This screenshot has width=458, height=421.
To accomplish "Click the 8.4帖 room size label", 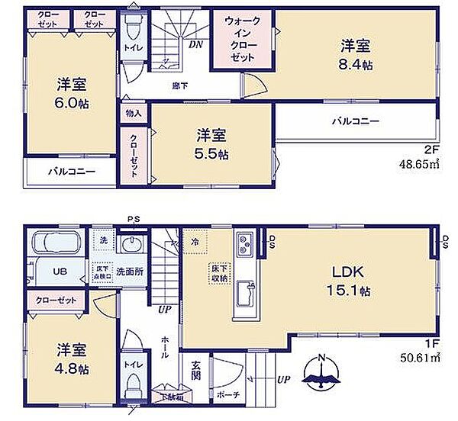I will (x=356, y=66).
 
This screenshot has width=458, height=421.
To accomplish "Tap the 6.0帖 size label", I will (x=70, y=103).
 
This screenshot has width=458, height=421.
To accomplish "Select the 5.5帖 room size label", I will (x=211, y=153).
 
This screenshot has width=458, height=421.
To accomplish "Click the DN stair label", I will (x=195, y=45).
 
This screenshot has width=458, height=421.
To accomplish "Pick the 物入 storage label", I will (x=131, y=113).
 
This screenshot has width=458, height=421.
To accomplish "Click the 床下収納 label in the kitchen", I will (x=218, y=272).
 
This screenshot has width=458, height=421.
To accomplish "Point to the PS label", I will (x=134, y=220).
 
